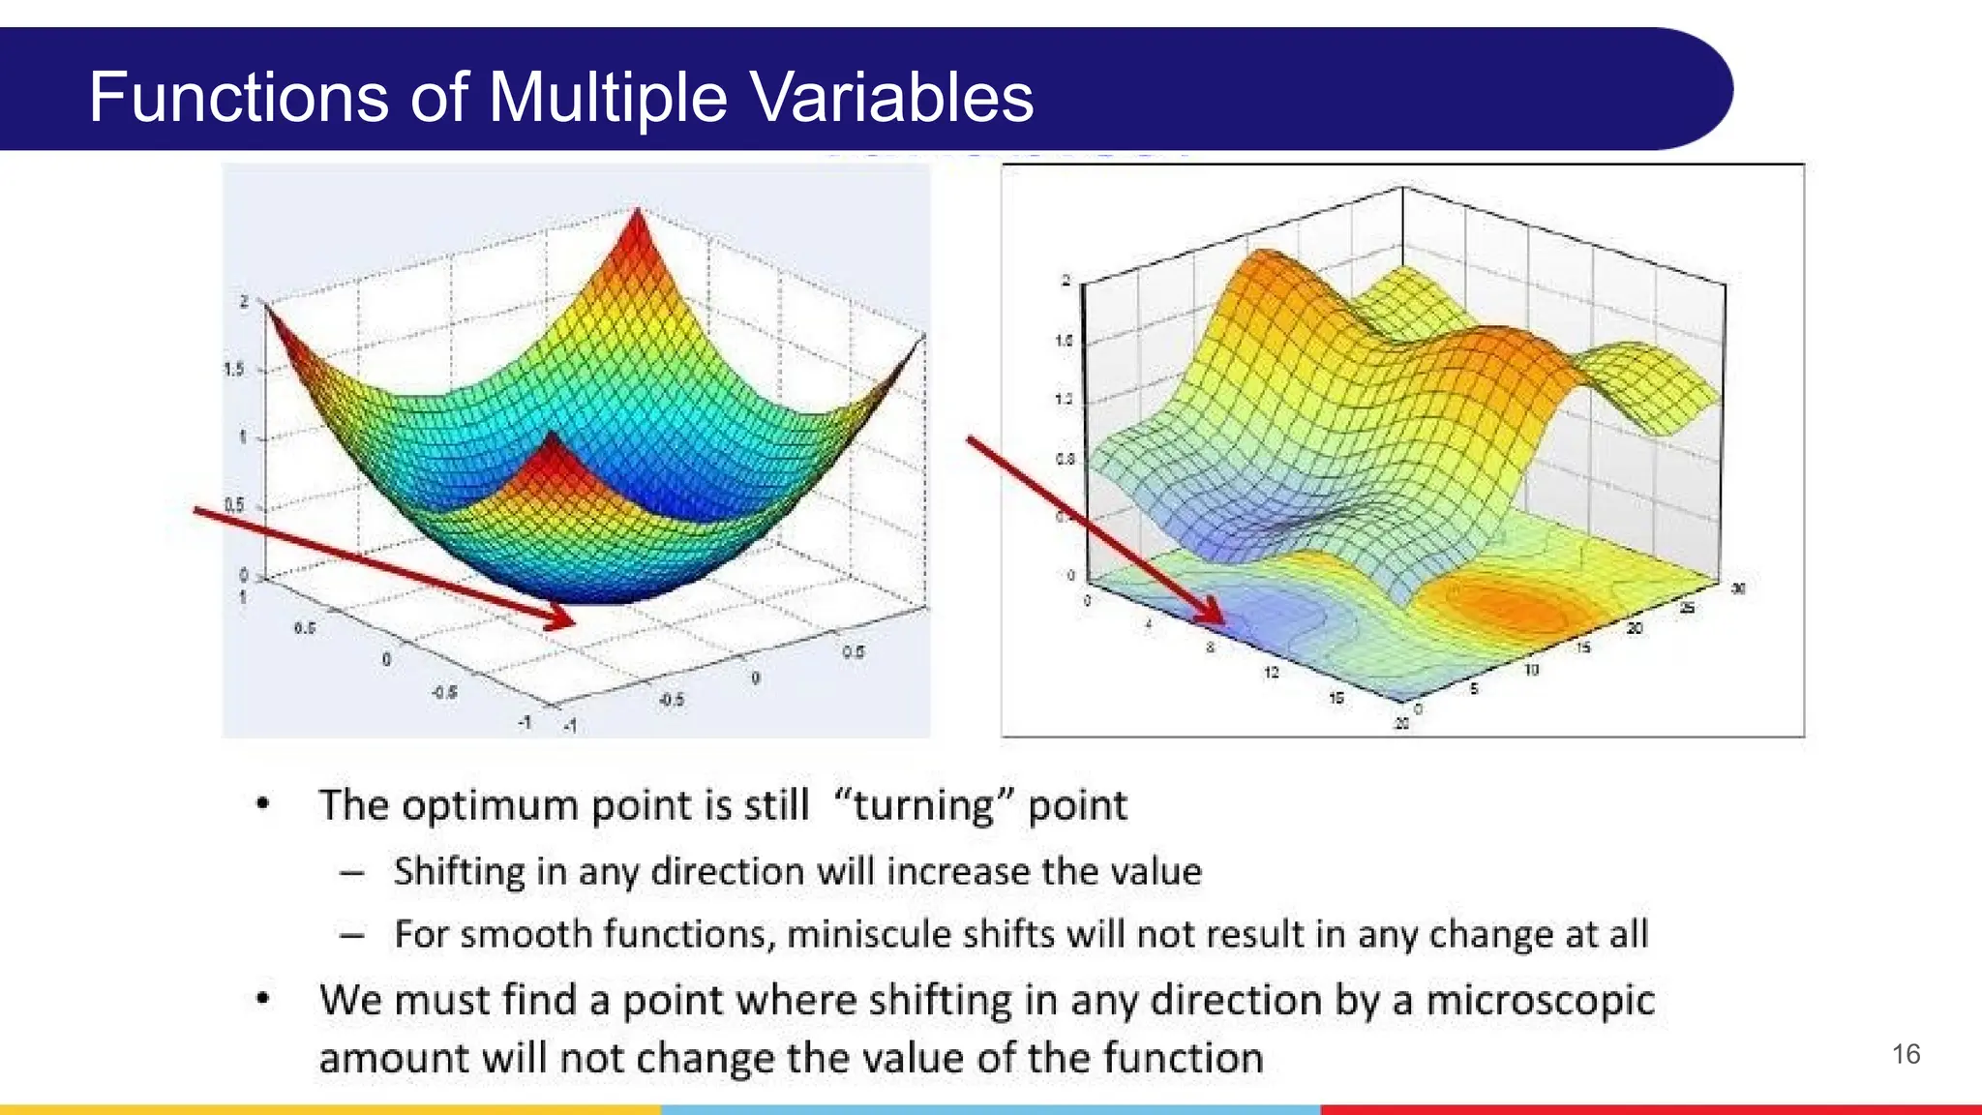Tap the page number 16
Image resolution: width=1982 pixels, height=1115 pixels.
(x=1906, y=1054)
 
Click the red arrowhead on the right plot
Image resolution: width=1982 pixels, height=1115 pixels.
(x=1210, y=612)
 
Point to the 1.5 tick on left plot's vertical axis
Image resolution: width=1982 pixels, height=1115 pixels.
(x=234, y=369)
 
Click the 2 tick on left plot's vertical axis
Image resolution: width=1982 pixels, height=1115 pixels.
(x=244, y=302)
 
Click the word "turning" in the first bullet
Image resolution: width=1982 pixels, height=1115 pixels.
(x=923, y=805)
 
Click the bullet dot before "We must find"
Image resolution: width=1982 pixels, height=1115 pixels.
(x=262, y=998)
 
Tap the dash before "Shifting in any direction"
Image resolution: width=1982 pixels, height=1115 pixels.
(x=352, y=873)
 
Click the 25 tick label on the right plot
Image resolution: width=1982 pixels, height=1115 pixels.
(x=1687, y=608)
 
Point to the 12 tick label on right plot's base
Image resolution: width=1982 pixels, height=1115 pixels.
(x=1271, y=671)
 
